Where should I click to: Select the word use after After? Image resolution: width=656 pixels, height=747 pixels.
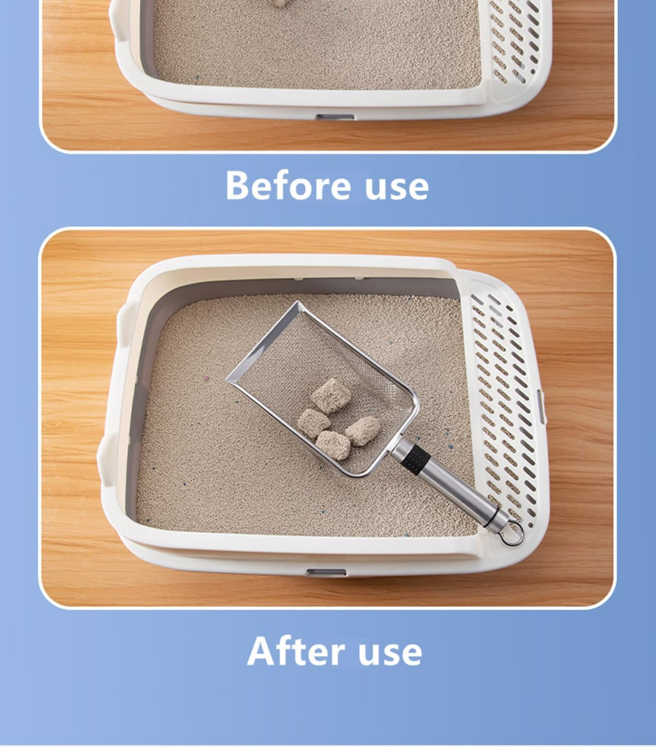tap(390, 652)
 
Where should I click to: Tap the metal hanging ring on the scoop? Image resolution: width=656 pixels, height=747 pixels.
tap(513, 534)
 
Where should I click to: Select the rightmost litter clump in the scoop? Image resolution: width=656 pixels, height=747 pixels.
tap(364, 430)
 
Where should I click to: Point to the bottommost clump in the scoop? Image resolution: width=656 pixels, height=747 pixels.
tap(333, 444)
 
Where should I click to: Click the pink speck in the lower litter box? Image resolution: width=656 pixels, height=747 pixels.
tap(206, 377)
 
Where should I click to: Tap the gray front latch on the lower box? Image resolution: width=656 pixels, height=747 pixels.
tap(326, 572)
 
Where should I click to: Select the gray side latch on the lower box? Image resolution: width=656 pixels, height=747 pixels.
tap(542, 405)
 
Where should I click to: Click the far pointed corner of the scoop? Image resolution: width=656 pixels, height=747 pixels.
tap(298, 304)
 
